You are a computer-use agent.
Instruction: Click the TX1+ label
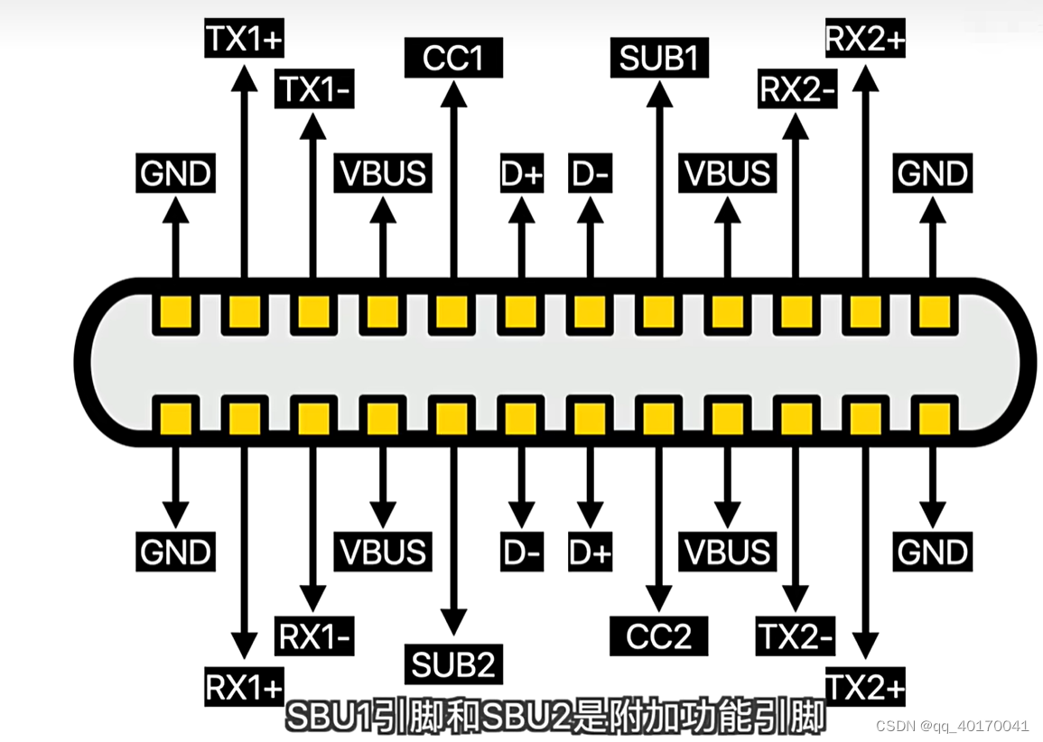tap(244, 40)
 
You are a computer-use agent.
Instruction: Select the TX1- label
tap(313, 90)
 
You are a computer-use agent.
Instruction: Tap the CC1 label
tap(453, 60)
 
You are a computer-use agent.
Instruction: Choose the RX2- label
tap(796, 90)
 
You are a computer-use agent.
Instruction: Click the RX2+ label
tap(865, 40)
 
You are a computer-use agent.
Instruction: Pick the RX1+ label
tap(244, 689)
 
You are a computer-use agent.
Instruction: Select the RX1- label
tap(313, 638)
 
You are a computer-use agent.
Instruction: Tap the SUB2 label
tap(453, 666)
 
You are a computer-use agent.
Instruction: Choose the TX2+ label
tap(865, 689)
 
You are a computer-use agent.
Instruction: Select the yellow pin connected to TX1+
tap(244, 313)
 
